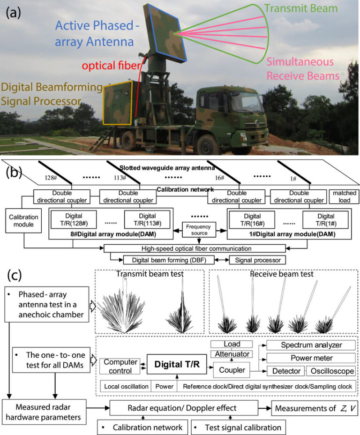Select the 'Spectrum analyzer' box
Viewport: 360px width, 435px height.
310,345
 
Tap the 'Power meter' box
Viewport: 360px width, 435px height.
310,358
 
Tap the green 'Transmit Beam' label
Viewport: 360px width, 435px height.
307,8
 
